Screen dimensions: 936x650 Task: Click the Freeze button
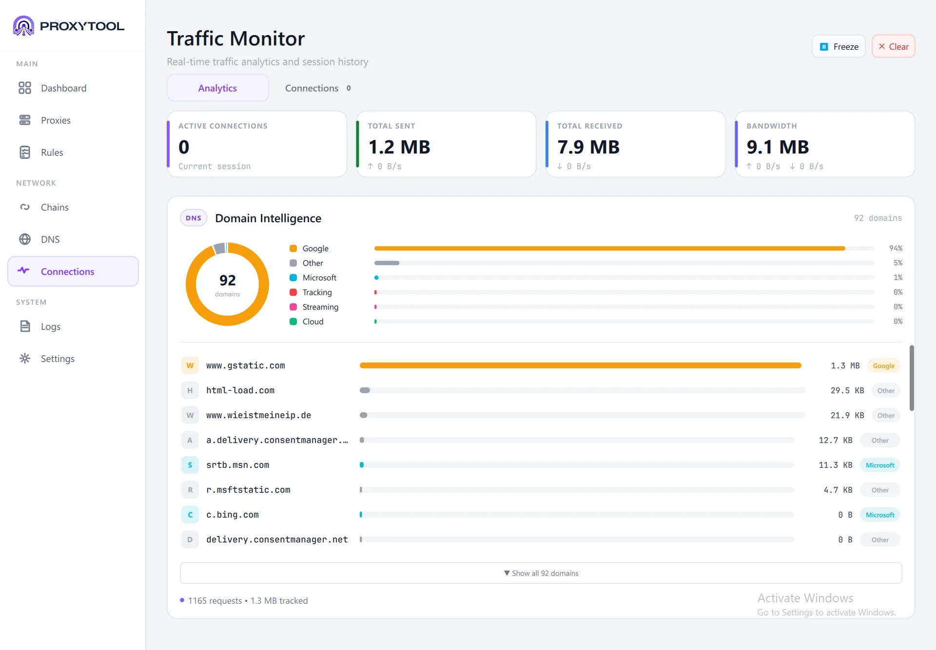pyautogui.click(x=838, y=46)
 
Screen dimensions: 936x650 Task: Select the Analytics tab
pyautogui.click(x=217, y=88)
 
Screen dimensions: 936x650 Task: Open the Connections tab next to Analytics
pyautogui.click(x=318, y=88)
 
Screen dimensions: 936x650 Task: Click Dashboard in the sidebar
pyautogui.click(x=63, y=88)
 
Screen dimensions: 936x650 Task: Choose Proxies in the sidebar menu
pyautogui.click(x=56, y=120)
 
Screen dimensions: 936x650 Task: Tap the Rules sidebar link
pyautogui.click(x=52, y=152)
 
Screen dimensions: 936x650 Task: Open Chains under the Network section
pyautogui.click(x=55, y=207)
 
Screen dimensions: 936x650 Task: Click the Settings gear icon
pyautogui.click(x=25, y=359)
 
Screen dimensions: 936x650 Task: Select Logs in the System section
pyautogui.click(x=51, y=326)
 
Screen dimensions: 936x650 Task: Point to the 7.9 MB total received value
pyautogui.click(x=588, y=147)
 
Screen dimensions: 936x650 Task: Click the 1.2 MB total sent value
pyautogui.click(x=399, y=147)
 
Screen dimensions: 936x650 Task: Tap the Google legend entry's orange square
pyautogui.click(x=293, y=249)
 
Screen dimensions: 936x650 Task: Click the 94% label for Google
pyautogui.click(x=896, y=248)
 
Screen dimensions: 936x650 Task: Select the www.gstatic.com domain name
pyautogui.click(x=246, y=365)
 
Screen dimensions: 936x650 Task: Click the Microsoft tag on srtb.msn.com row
pyautogui.click(x=880, y=465)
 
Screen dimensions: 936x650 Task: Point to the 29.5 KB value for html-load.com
pyautogui.click(x=847, y=390)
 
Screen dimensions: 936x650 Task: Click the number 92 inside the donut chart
pyautogui.click(x=228, y=280)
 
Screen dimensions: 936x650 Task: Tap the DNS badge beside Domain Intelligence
pyautogui.click(x=194, y=218)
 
